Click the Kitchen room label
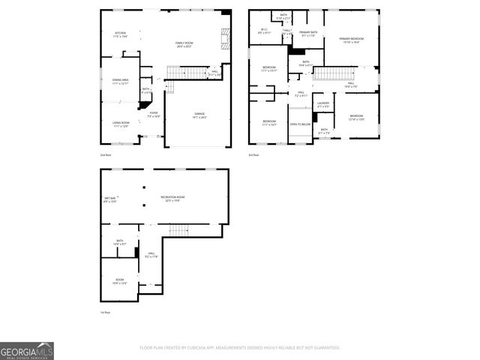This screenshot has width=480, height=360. (x=120, y=33)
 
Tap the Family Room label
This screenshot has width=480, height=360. (x=185, y=43)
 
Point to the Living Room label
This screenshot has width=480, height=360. (x=121, y=122)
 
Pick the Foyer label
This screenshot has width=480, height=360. (x=153, y=113)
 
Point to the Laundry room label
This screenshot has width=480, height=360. (x=323, y=103)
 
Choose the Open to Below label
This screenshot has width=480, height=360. (x=300, y=124)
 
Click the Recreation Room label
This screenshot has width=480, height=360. (x=172, y=197)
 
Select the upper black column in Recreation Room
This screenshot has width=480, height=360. (x=142, y=187)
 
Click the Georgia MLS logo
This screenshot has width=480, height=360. (x=27, y=351)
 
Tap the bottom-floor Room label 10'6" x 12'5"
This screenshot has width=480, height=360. (x=121, y=281)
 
